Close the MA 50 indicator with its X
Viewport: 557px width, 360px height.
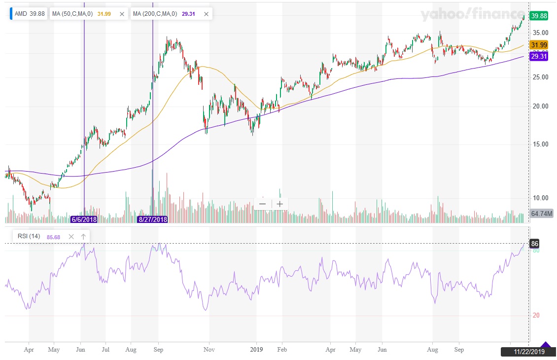pyautogui.click(x=122, y=14)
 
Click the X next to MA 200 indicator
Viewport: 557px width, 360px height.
pyautogui.click(x=206, y=14)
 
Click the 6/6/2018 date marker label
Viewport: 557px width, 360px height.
pyautogui.click(x=84, y=219)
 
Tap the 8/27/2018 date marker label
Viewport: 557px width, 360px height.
pyautogui.click(x=152, y=219)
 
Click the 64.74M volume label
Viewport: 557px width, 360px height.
pyautogui.click(x=541, y=214)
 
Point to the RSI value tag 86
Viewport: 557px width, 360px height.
pyautogui.click(x=534, y=244)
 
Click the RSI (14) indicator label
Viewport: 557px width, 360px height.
pyautogui.click(x=29, y=237)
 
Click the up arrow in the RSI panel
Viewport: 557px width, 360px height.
pyautogui.click(x=83, y=237)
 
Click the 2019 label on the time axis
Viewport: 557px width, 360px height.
pyautogui.click(x=256, y=350)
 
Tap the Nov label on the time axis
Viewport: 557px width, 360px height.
pyautogui.click(x=209, y=350)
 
